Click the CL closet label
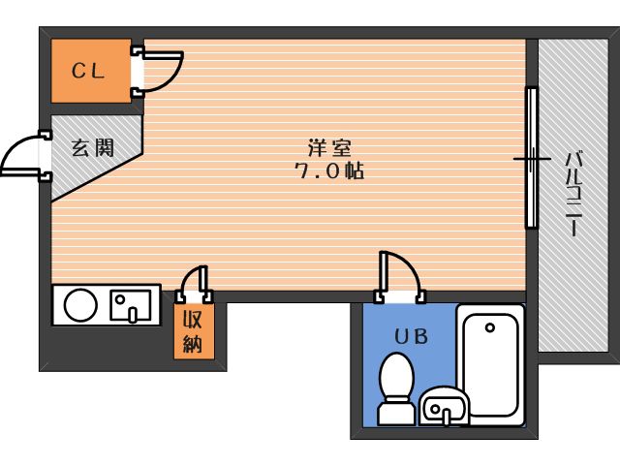(89, 71)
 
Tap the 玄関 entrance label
(93, 147)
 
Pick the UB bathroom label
(410, 336)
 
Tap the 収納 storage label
(193, 330)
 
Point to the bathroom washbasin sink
(446, 405)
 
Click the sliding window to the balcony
(531, 158)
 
